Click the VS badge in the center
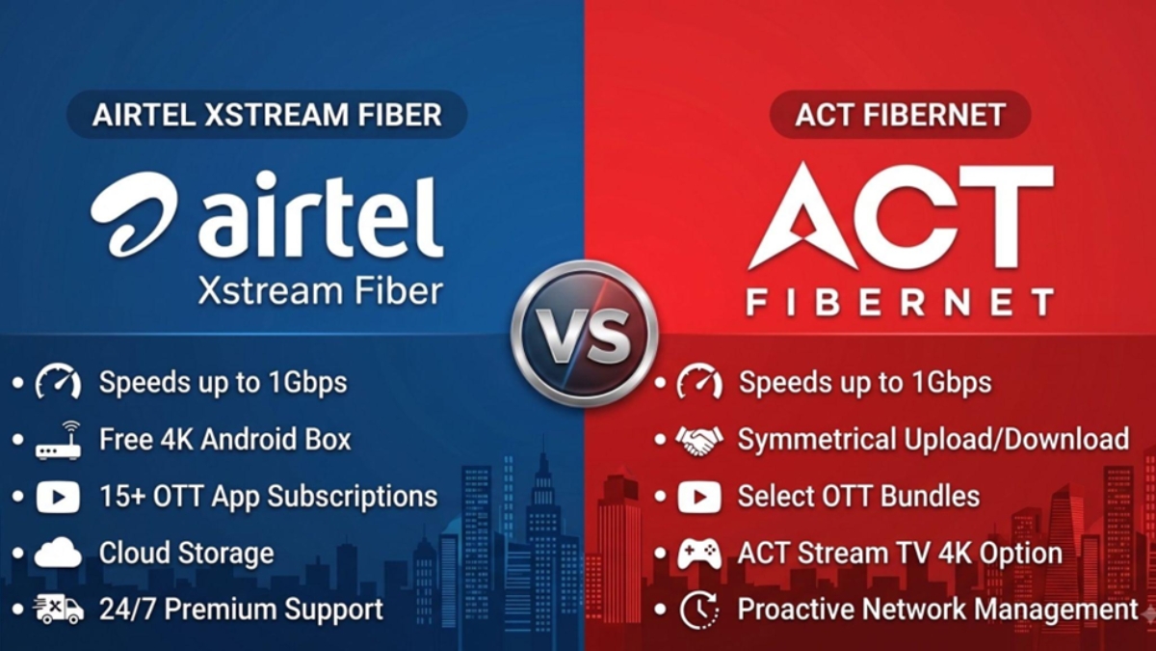coord(585,334)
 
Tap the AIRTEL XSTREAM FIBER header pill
coord(267,114)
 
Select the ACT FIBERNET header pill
coord(900,114)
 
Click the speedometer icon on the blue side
coord(58,381)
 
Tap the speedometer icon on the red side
coord(699,381)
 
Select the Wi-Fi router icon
coord(58,440)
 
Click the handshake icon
coord(699,440)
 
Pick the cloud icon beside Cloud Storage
coord(58,553)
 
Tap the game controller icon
coord(699,554)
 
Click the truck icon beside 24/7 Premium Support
coord(59,610)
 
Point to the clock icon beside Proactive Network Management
coord(698,610)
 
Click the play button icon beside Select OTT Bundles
coord(699,497)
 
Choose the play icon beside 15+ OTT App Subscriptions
coord(58,497)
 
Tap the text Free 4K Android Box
coord(225,439)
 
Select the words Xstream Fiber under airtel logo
coord(321,290)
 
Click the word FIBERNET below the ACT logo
coord(900,302)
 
